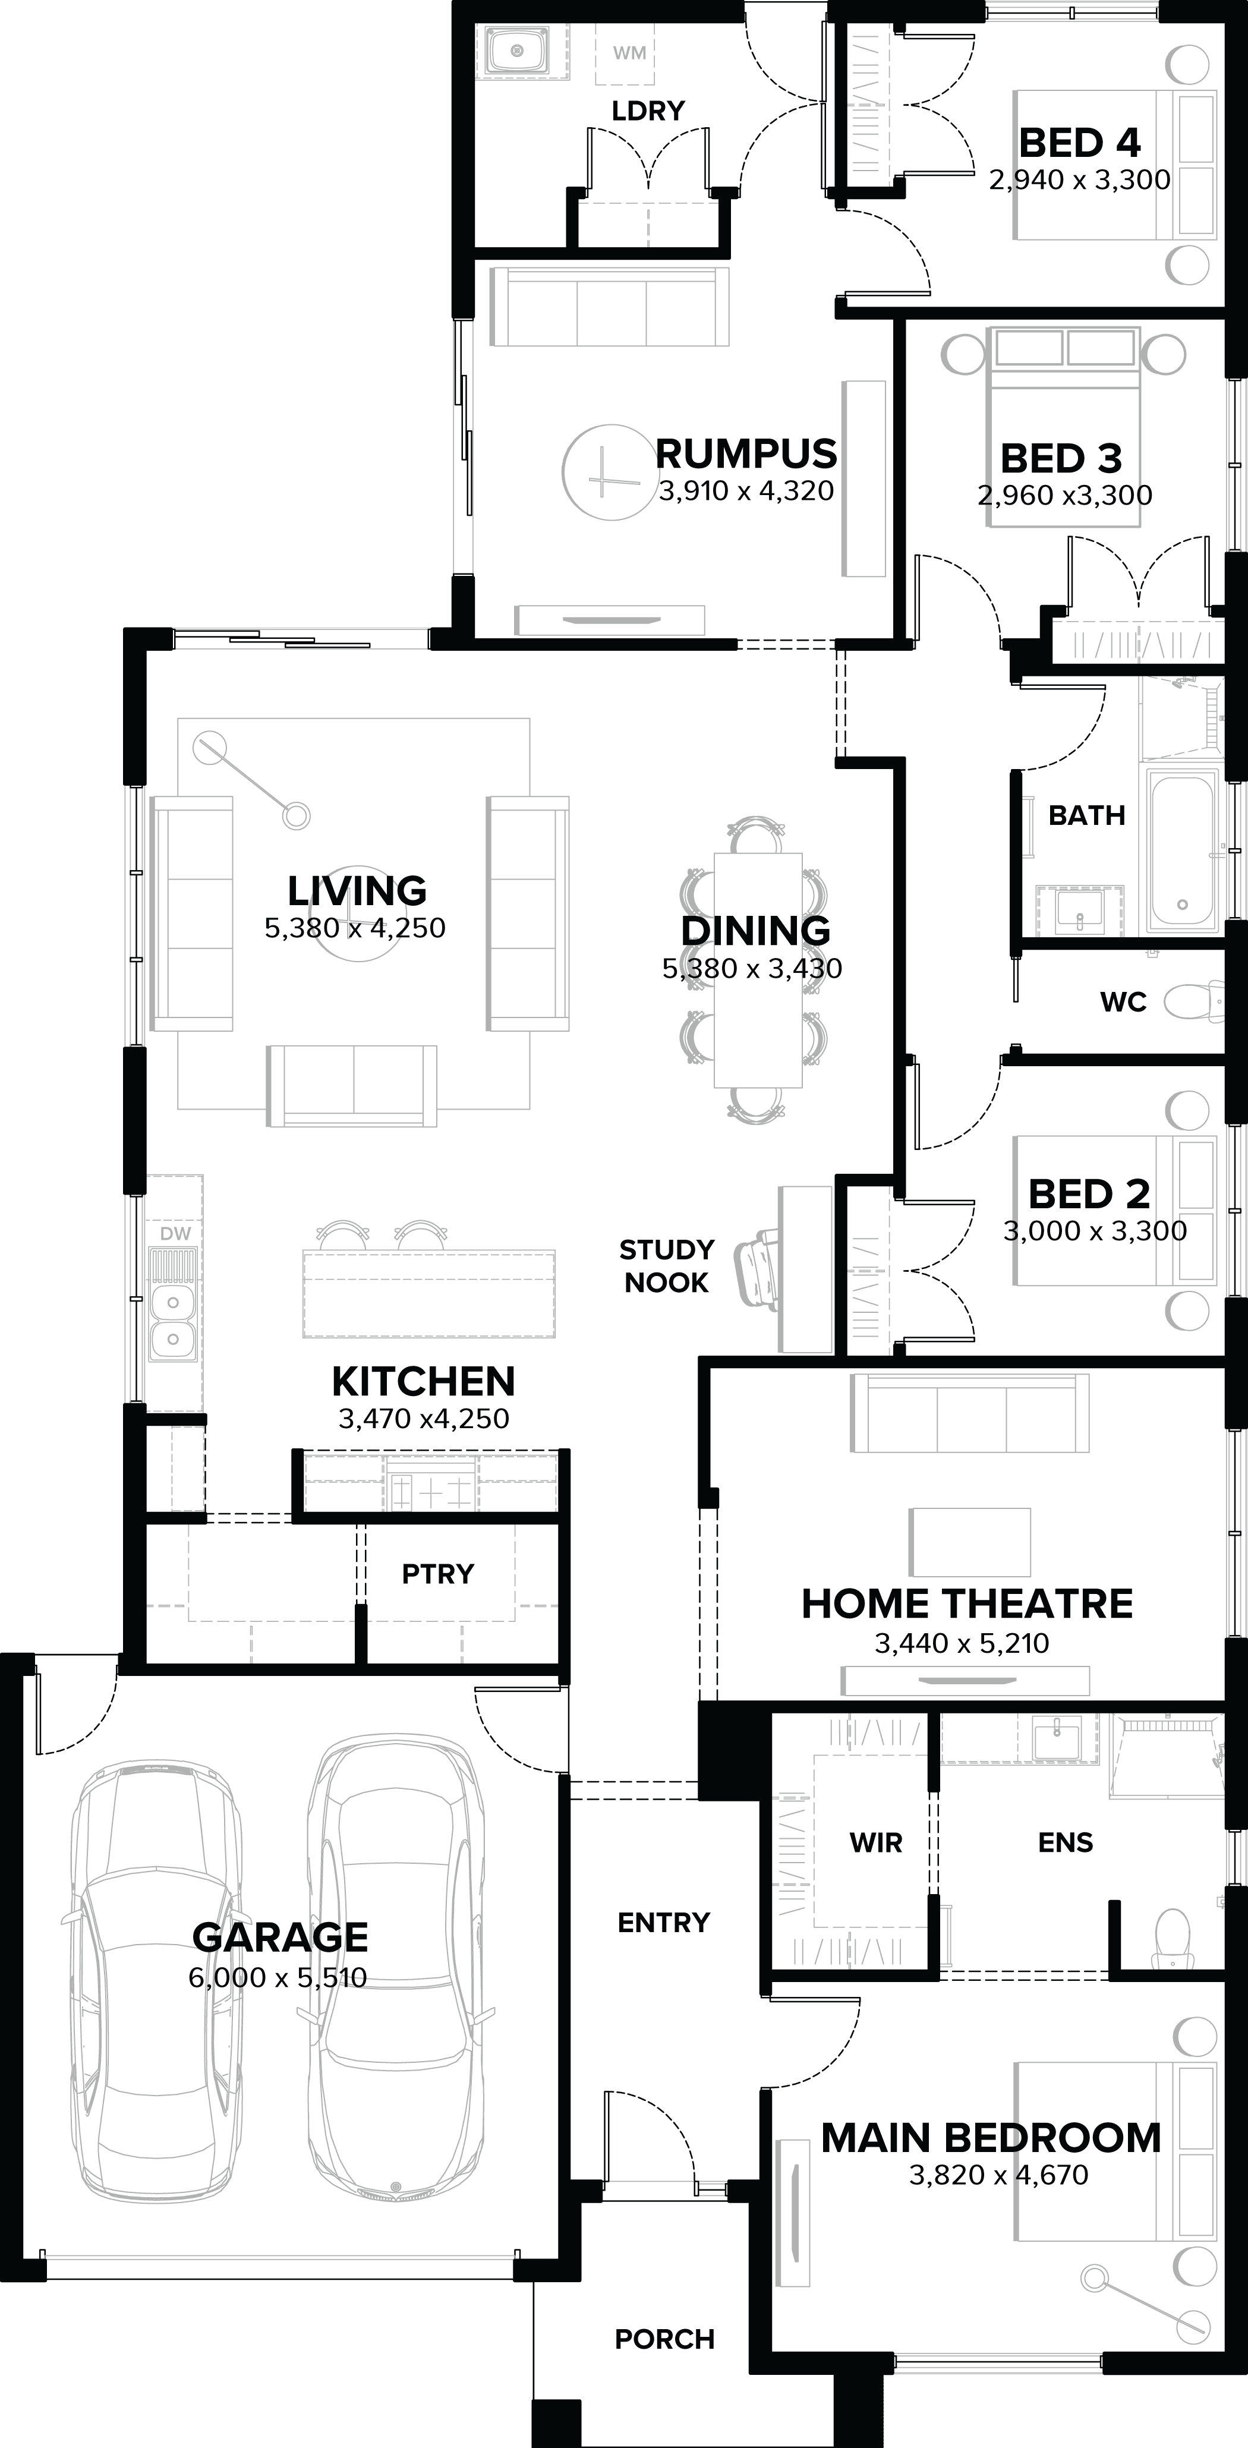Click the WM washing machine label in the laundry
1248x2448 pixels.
click(629, 53)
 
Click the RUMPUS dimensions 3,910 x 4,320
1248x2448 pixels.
click(746, 492)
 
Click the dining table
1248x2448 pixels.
click(758, 969)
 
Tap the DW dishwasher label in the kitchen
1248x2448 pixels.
click(176, 1233)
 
